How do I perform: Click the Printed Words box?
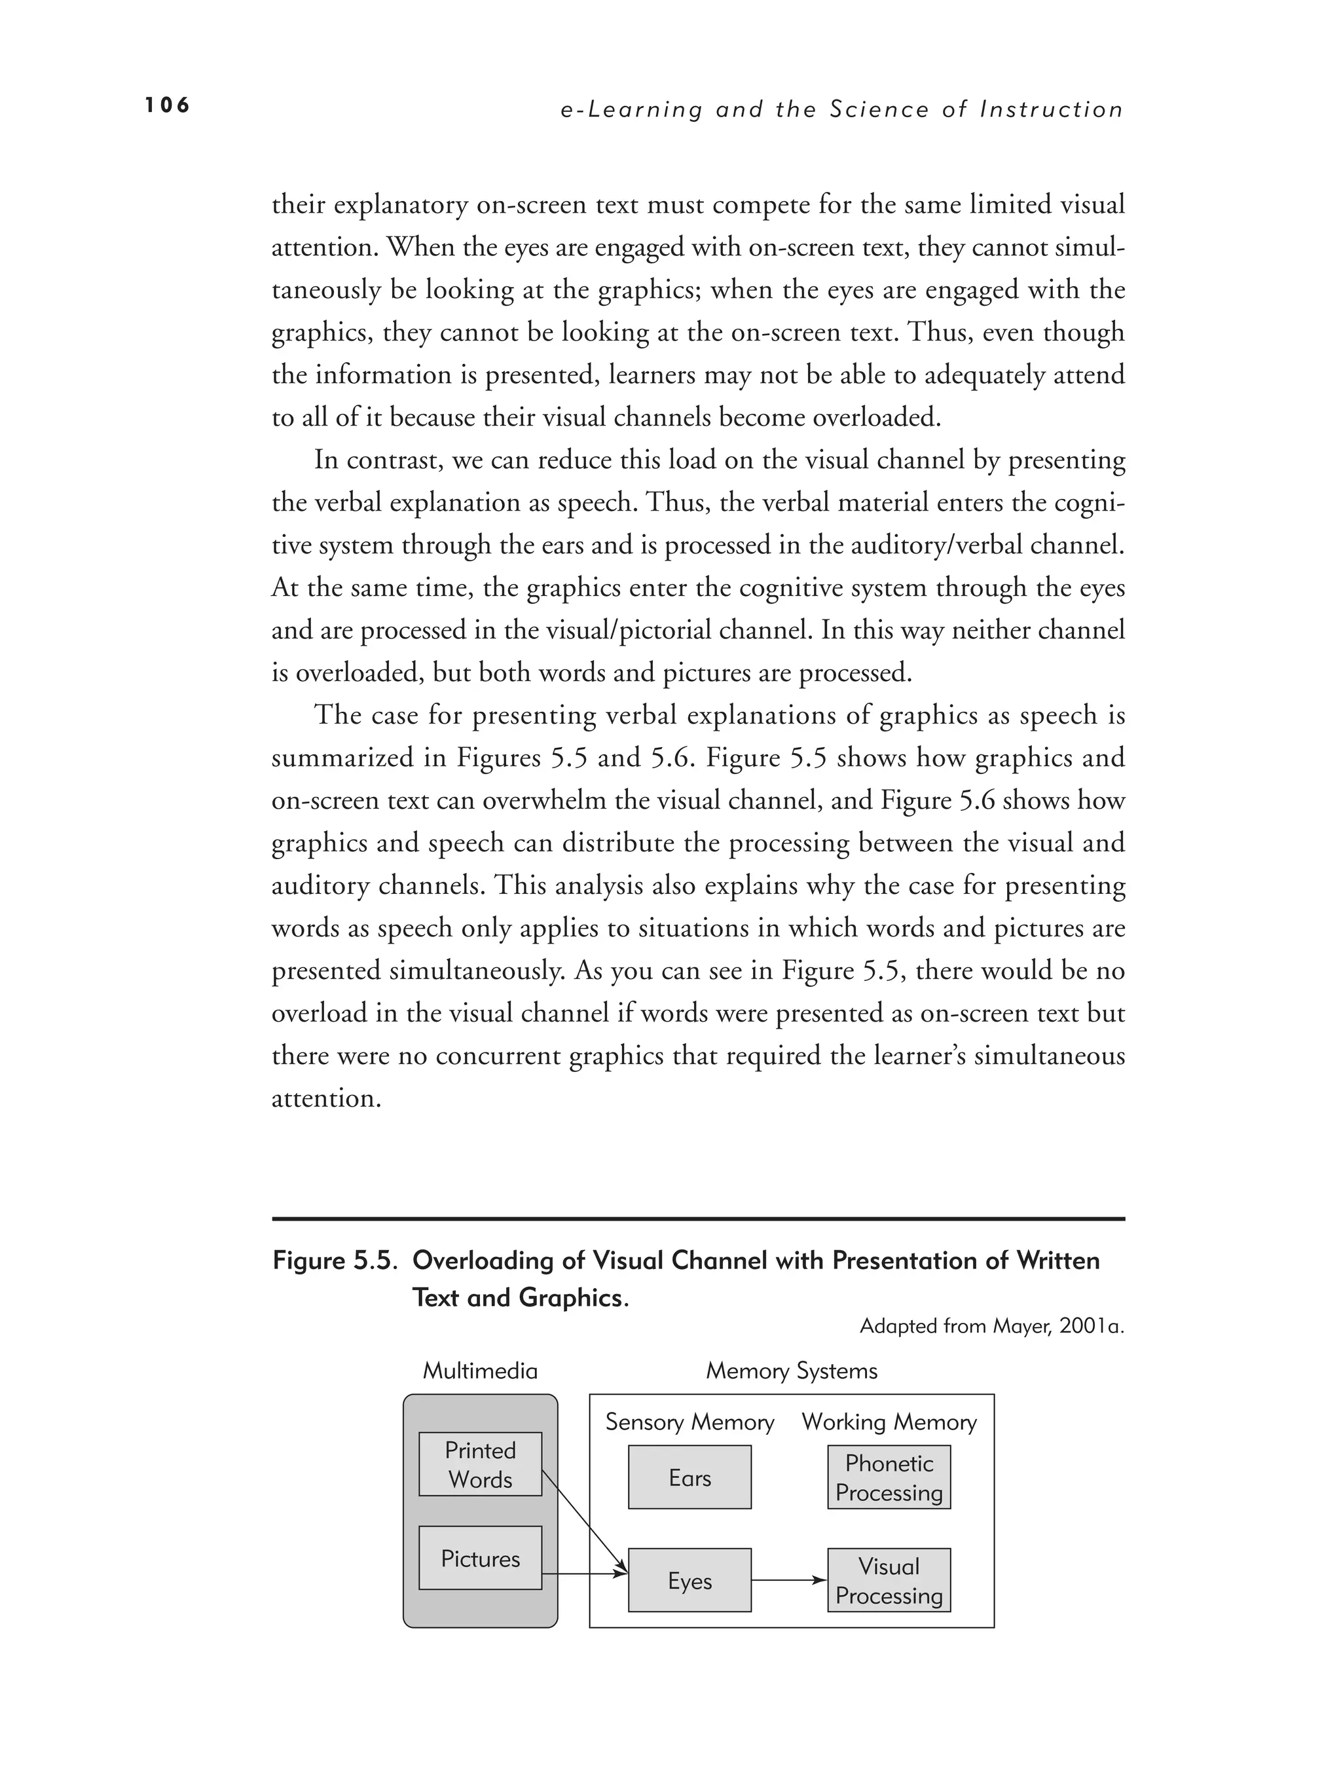480,1464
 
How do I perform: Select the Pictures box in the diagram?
480,1558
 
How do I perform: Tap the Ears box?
689,1477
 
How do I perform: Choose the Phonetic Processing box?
889,1477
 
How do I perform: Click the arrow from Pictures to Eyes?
585,1575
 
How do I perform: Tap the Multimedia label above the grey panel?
480,1371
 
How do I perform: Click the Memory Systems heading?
792,1371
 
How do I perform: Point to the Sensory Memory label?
689,1422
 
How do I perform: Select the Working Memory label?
889,1422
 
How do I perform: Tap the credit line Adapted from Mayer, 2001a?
992,1326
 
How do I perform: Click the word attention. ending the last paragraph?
325,1098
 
